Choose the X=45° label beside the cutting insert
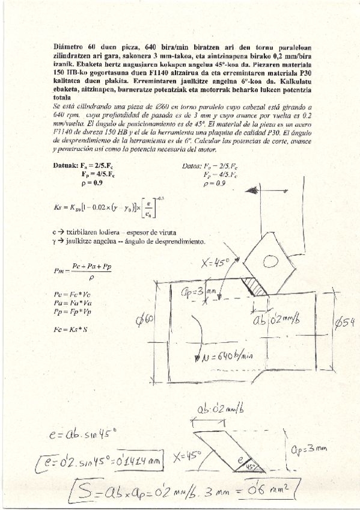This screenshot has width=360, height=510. click(x=218, y=263)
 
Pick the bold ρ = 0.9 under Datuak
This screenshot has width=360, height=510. click(x=95, y=183)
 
